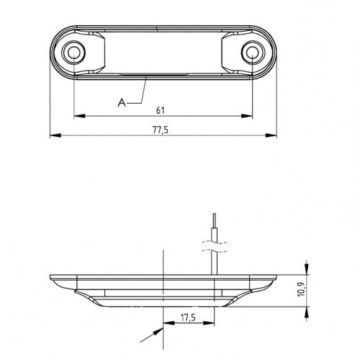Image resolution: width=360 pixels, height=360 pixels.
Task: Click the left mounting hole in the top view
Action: tap(73, 52)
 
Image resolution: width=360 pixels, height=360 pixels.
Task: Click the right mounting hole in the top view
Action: tap(252, 52)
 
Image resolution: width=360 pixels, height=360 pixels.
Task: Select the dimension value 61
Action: tap(163, 109)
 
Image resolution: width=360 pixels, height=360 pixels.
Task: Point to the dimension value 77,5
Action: tap(163, 130)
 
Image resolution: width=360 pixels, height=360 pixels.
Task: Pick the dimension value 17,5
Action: tap(189, 316)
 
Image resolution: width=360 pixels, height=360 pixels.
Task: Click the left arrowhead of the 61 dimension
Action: tap(78, 115)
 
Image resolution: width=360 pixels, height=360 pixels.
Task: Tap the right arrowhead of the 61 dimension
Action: tap(249, 115)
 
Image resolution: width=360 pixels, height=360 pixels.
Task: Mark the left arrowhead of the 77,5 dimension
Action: tap(54, 135)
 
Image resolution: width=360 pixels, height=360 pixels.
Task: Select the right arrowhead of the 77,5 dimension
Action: tap(274, 135)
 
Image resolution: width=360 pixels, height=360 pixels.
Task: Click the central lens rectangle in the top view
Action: tap(163, 52)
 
